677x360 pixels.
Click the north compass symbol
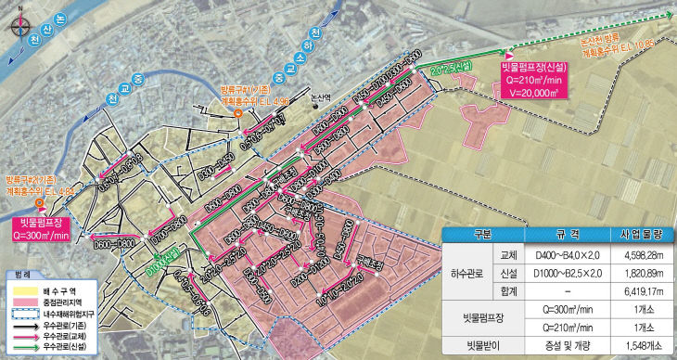click(x=13, y=15)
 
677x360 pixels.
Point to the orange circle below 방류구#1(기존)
click(x=238, y=113)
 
